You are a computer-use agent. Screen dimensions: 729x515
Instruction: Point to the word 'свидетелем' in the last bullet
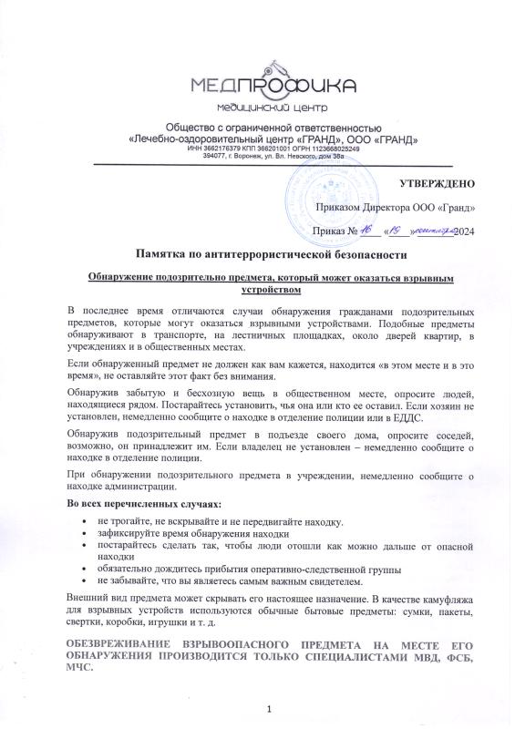(332, 582)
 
